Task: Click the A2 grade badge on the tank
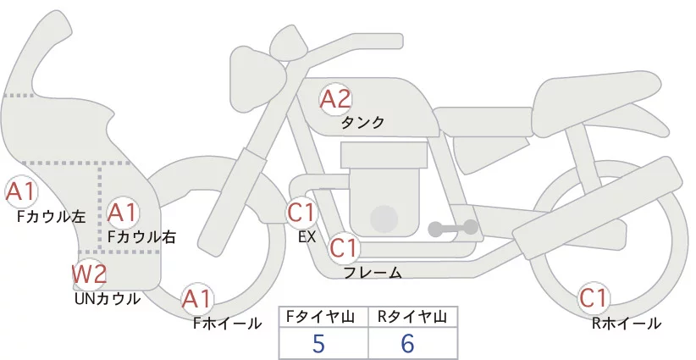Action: coord(335,99)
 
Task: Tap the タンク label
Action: coord(362,123)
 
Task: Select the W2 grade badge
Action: coord(89,274)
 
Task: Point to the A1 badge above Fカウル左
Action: coord(20,192)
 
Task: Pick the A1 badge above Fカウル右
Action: coord(123,212)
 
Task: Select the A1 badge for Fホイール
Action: coord(198,299)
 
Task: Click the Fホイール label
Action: coord(227,323)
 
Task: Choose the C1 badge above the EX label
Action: coord(302,212)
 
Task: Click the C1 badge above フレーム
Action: coord(345,249)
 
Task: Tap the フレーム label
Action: coord(373,273)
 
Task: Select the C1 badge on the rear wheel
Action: coord(594,299)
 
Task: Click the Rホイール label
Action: coord(626,323)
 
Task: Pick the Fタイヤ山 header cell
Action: coord(322,317)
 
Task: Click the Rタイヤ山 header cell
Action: coord(412,317)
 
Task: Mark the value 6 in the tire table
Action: coord(409,344)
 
